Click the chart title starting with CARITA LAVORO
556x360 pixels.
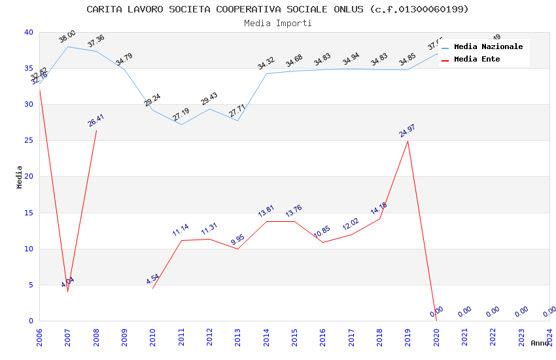click(x=277, y=9)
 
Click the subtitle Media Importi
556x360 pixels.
click(x=277, y=23)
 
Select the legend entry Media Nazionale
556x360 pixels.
click(x=488, y=47)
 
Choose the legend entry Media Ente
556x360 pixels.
click(x=477, y=60)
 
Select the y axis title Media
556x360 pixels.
click(x=20, y=177)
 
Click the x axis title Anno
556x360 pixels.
click(x=540, y=343)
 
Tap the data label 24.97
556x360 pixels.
click(x=408, y=131)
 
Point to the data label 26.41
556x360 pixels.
click(x=96, y=120)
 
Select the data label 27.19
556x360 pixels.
click(x=181, y=115)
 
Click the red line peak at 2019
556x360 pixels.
click(x=408, y=141)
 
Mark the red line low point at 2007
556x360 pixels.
click(x=67, y=291)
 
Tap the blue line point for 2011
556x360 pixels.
click(x=181, y=124)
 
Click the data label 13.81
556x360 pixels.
click(x=266, y=211)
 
